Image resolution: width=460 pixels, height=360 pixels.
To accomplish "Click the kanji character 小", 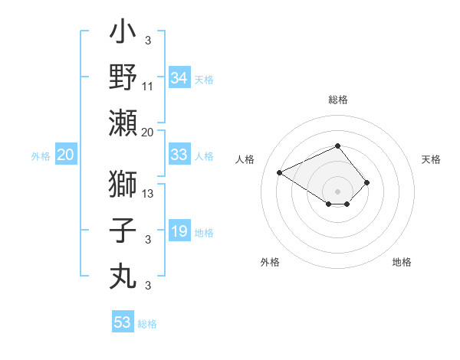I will pyautogui.click(x=123, y=35).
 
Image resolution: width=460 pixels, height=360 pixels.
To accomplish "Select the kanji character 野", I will pyautogui.click(x=123, y=77).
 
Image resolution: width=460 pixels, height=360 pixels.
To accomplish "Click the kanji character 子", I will pyautogui.click(x=123, y=231).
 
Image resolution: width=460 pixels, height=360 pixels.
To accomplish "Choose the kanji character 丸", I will pyautogui.click(x=123, y=274).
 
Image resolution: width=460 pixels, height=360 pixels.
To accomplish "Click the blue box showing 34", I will pyautogui.click(x=179, y=78).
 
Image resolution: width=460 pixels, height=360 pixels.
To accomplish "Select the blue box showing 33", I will pyautogui.click(x=179, y=155).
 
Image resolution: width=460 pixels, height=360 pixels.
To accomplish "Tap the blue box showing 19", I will pyautogui.click(x=179, y=231).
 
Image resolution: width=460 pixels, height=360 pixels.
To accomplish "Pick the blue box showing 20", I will pyautogui.click(x=65, y=155).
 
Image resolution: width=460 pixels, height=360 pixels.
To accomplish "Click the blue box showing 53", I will pyautogui.click(x=123, y=322).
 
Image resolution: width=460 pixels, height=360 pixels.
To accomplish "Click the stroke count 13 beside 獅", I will pyautogui.click(x=149, y=193).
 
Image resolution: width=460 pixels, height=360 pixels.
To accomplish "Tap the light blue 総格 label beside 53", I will pyautogui.click(x=147, y=324).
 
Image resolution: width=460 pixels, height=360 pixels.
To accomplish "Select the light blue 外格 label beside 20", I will pyautogui.click(x=41, y=156).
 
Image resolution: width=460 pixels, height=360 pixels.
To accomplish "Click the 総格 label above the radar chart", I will pyautogui.click(x=337, y=100).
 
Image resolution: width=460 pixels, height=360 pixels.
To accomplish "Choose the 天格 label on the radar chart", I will pyautogui.click(x=431, y=159).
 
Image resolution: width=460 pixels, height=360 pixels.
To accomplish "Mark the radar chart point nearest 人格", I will pyautogui.click(x=280, y=172).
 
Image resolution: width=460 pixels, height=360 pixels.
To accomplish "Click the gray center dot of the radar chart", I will pyautogui.click(x=337, y=190).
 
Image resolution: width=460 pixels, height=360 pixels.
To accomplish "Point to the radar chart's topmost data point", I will pyautogui.click(x=337, y=146).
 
